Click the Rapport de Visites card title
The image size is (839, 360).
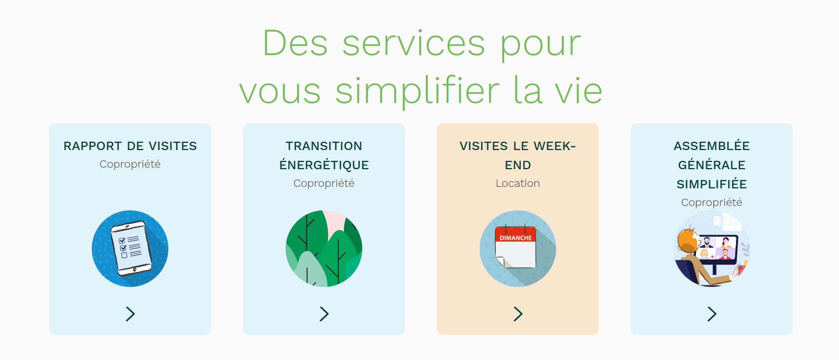(130, 146)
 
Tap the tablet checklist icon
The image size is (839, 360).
(130, 248)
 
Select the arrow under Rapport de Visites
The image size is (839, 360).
(130, 314)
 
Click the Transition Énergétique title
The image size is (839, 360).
(324, 155)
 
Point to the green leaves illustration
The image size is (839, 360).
(324, 248)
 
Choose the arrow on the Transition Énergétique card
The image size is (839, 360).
(324, 314)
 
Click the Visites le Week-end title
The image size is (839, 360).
(518, 155)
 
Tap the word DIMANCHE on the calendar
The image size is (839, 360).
(516, 238)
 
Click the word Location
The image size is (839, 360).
(518, 183)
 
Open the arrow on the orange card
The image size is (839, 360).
(518, 314)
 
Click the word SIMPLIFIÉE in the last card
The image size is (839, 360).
(712, 184)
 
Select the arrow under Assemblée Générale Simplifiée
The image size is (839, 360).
(712, 314)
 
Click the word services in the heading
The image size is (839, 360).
(414, 44)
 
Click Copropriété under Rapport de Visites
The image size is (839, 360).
(130, 164)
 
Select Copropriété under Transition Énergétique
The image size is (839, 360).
(324, 184)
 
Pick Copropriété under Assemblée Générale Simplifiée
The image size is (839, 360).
(712, 203)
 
